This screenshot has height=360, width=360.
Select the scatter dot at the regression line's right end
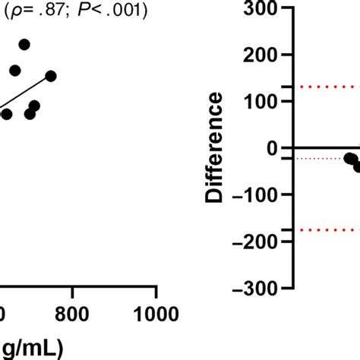[51, 75]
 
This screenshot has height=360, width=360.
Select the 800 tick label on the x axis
[73, 314]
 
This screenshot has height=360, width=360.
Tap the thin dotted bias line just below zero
[319, 158]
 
